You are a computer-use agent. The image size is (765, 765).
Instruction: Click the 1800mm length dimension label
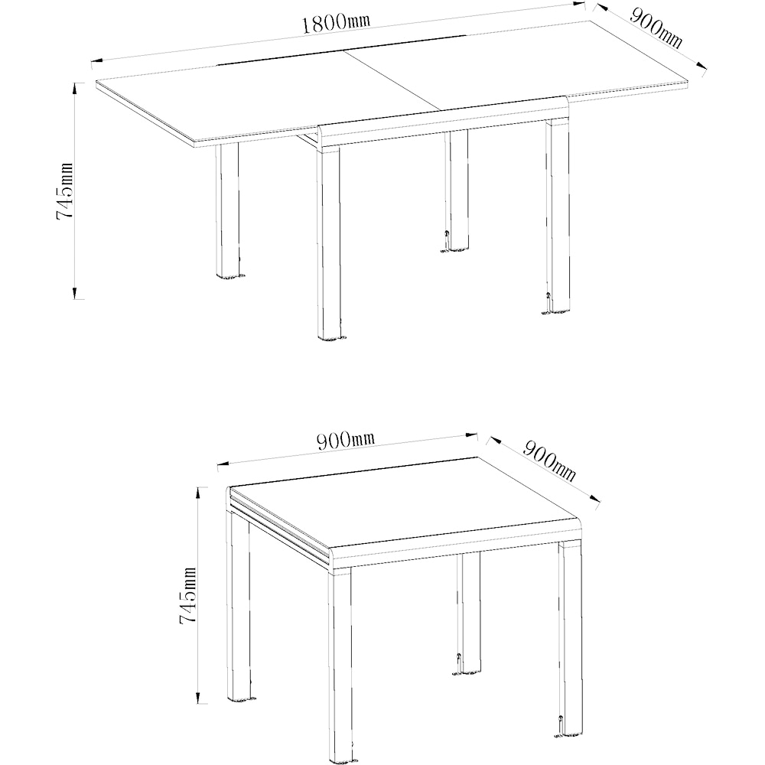[335, 22]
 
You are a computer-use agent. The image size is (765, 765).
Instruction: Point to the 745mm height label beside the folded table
[187, 596]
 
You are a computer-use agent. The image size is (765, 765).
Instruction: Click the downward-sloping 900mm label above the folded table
[549, 461]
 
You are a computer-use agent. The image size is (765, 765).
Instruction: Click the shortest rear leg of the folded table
[469, 612]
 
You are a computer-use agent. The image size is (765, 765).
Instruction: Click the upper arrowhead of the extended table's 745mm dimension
[75, 86]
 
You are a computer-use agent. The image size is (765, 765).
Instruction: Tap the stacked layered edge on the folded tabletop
[279, 528]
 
